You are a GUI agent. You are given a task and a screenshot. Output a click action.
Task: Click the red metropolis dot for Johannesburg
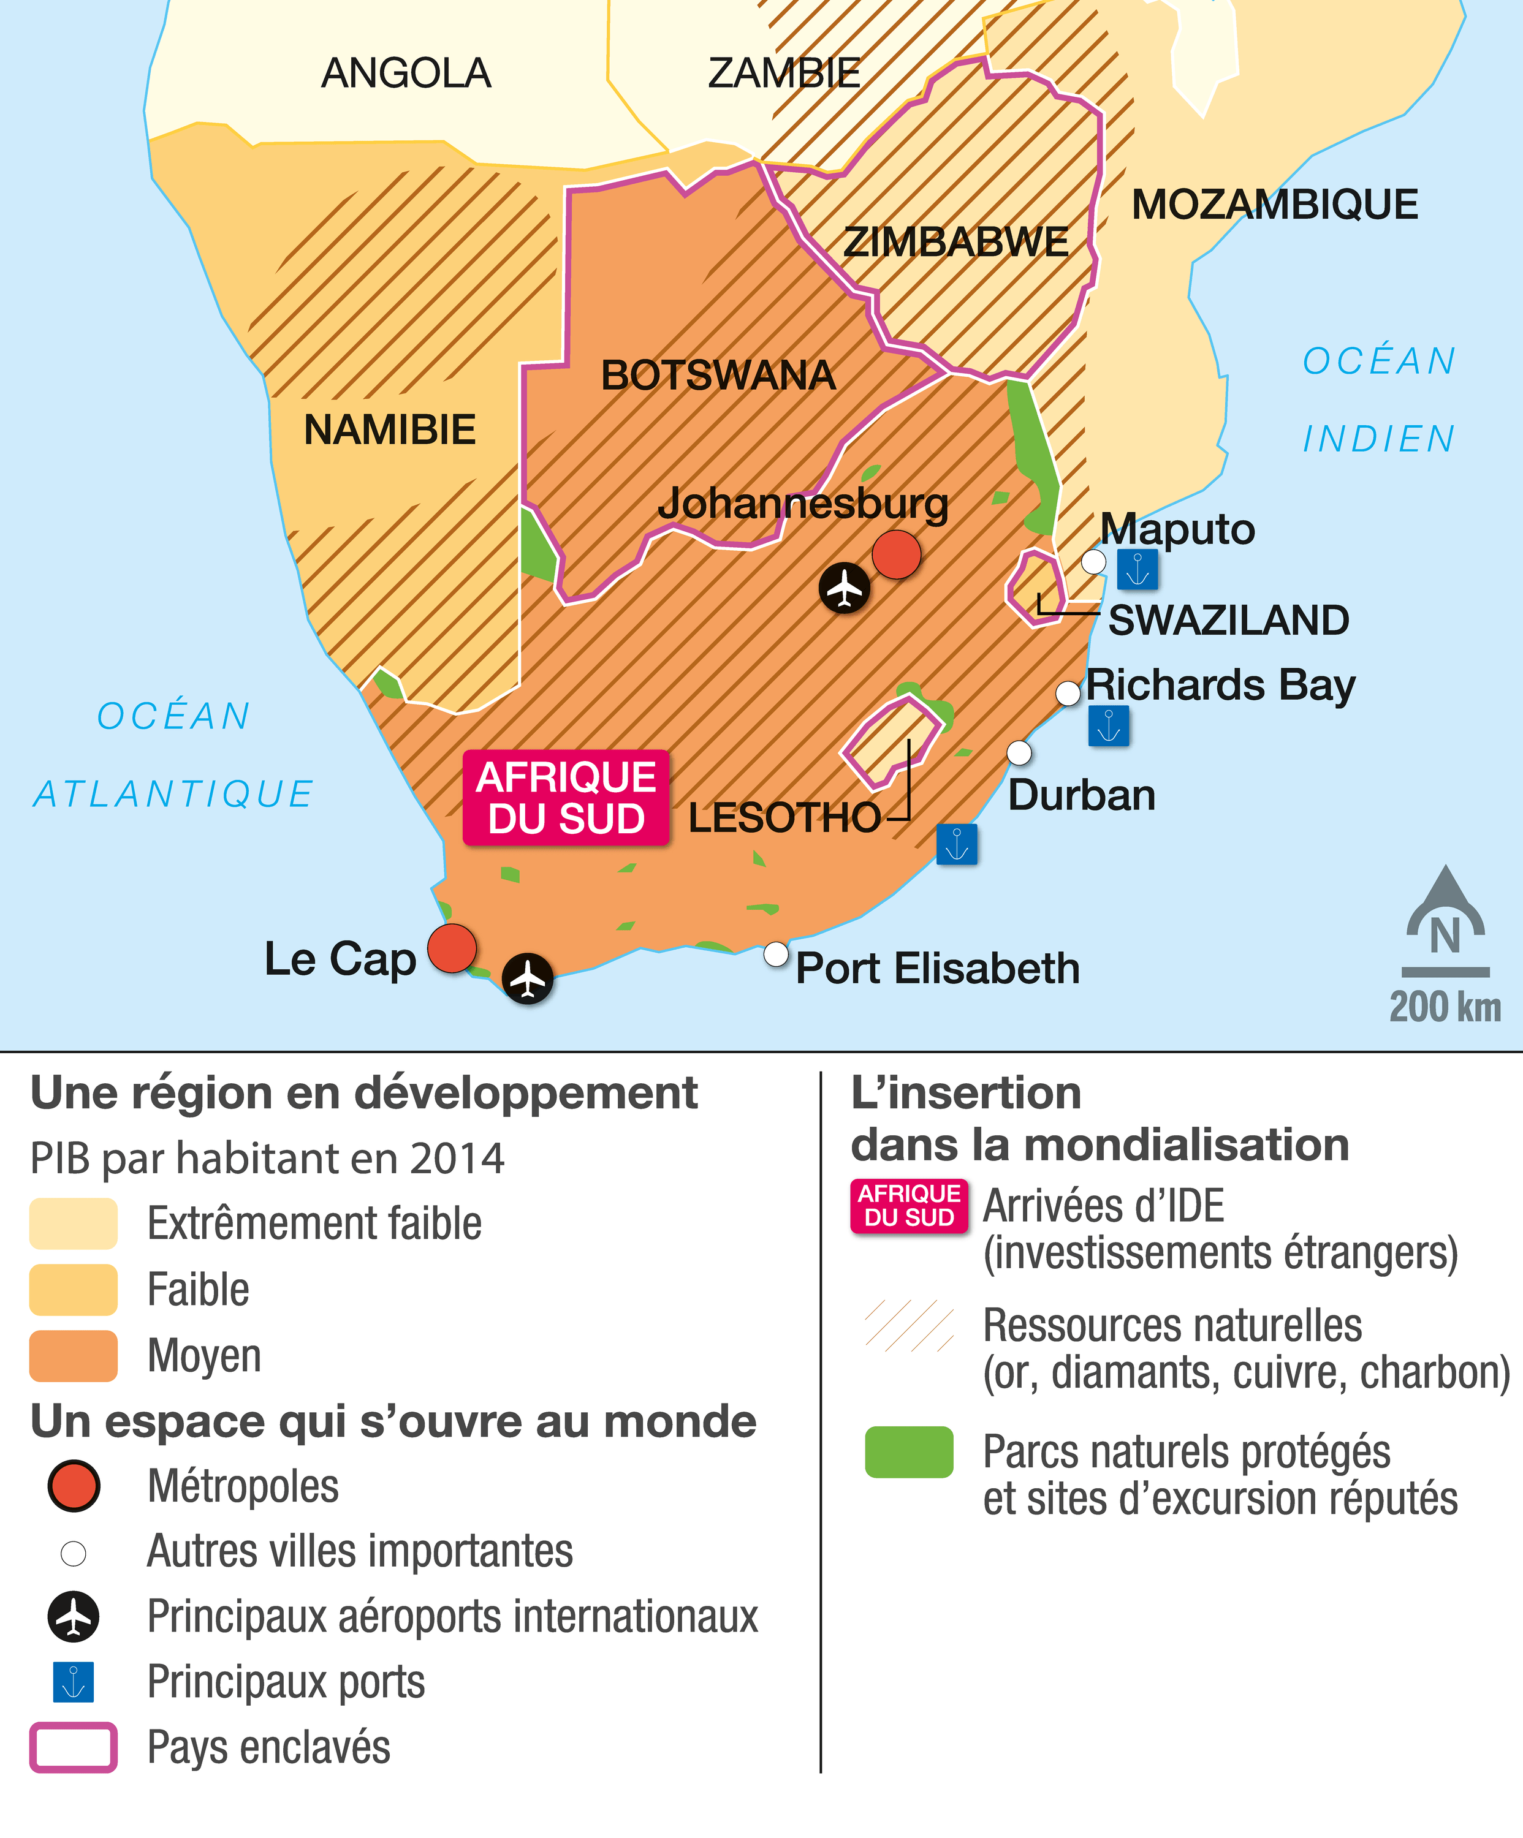point(896,554)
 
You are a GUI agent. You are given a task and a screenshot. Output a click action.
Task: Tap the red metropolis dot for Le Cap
point(452,948)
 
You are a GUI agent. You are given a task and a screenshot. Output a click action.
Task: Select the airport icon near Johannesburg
point(845,588)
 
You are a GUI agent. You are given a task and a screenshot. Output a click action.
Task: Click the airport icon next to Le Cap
point(528,978)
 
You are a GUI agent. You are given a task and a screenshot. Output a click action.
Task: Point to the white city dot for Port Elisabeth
point(775,954)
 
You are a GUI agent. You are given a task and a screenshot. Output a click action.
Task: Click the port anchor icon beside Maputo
point(1137,570)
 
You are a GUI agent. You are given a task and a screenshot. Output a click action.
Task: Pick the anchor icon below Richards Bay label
point(1108,725)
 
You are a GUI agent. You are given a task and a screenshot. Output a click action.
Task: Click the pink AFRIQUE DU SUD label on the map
point(566,797)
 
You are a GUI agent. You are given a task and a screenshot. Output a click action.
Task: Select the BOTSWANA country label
point(718,376)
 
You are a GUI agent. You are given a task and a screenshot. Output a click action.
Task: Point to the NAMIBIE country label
point(390,429)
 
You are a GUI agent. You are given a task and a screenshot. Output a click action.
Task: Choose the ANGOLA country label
point(406,73)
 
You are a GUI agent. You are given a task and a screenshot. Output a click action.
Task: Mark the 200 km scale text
point(1445,1007)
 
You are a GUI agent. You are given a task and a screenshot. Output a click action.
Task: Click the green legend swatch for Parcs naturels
point(908,1452)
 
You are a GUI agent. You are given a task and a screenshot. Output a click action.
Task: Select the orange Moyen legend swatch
point(74,1356)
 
